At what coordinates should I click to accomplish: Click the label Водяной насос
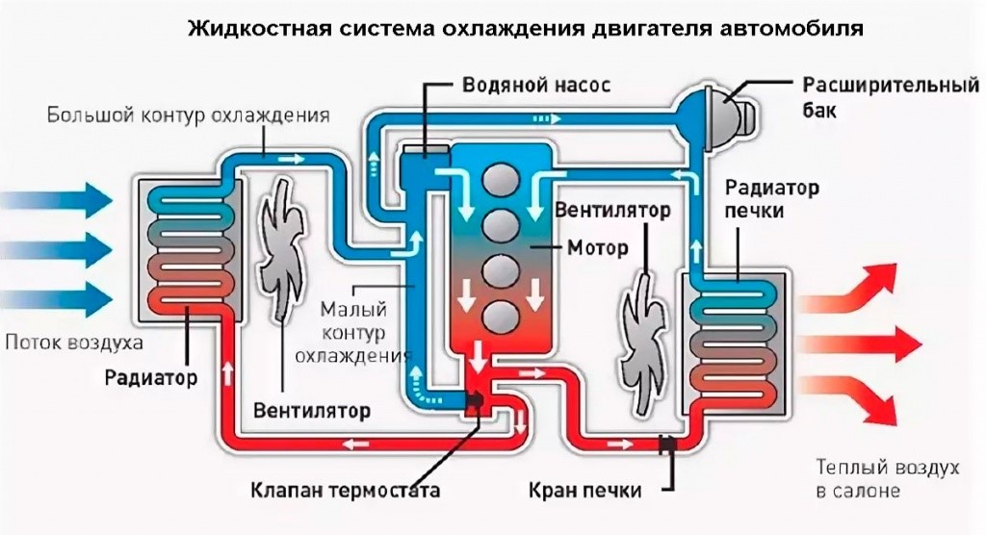(536, 85)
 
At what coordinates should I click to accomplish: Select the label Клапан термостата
(346, 490)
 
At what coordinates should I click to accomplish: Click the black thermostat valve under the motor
(474, 401)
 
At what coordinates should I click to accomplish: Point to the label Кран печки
(584, 490)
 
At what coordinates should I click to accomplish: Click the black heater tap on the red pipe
(668, 445)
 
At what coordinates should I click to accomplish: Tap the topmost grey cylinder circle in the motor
(501, 177)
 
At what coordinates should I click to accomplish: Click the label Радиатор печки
(771, 198)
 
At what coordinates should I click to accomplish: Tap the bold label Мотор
(597, 247)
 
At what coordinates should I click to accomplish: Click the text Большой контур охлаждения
(189, 116)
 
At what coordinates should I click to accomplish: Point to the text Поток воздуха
(74, 343)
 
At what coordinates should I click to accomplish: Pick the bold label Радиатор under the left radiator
(151, 378)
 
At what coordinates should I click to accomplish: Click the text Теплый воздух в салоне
(888, 478)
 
